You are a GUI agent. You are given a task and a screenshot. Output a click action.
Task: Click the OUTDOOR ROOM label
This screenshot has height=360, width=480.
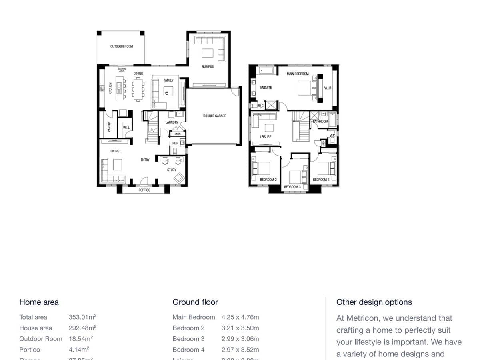pyautogui.click(x=122, y=46)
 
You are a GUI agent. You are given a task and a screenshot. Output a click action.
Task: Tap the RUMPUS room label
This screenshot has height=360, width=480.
pyautogui.click(x=208, y=66)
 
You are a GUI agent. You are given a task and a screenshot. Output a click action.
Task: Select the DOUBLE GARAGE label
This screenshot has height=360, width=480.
pyautogui.click(x=215, y=116)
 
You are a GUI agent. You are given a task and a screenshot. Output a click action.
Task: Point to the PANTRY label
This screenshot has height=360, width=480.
pyautogui.click(x=109, y=127)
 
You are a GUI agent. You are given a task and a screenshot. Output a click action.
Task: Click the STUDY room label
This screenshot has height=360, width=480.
pyautogui.click(x=172, y=170)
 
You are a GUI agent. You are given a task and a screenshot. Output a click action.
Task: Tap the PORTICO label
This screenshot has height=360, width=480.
pyautogui.click(x=144, y=190)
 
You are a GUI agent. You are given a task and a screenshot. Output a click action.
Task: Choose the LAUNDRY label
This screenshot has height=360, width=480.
pyautogui.click(x=172, y=122)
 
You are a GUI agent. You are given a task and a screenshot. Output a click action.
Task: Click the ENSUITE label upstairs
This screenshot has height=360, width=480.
pyautogui.click(x=266, y=88)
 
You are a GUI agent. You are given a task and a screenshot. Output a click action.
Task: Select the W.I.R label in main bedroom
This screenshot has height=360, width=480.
pyautogui.click(x=328, y=88)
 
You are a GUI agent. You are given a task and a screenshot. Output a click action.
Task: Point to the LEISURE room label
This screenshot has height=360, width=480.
pyautogui.click(x=266, y=137)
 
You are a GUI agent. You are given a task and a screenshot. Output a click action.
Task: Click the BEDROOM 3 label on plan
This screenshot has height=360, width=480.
pyautogui.click(x=292, y=187)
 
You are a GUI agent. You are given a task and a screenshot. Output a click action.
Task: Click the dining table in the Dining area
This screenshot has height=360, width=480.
pyautogui.click(x=138, y=88)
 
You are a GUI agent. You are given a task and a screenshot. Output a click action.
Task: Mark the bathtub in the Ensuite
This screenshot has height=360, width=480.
pyautogui.click(x=266, y=71)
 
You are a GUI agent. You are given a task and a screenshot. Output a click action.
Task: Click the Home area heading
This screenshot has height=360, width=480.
pyautogui.click(x=39, y=302)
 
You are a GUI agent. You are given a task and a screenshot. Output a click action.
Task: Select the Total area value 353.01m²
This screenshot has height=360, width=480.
pyautogui.click(x=82, y=317)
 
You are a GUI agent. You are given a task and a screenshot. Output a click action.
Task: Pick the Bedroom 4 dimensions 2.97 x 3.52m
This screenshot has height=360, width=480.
pyautogui.click(x=240, y=350)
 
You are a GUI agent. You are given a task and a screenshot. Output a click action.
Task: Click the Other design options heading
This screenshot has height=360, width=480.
pyautogui.click(x=374, y=302)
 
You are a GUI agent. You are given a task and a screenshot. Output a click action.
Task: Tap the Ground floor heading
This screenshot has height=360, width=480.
pyautogui.click(x=195, y=302)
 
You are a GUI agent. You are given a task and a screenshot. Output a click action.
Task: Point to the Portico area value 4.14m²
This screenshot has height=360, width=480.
pyautogui.click(x=79, y=350)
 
